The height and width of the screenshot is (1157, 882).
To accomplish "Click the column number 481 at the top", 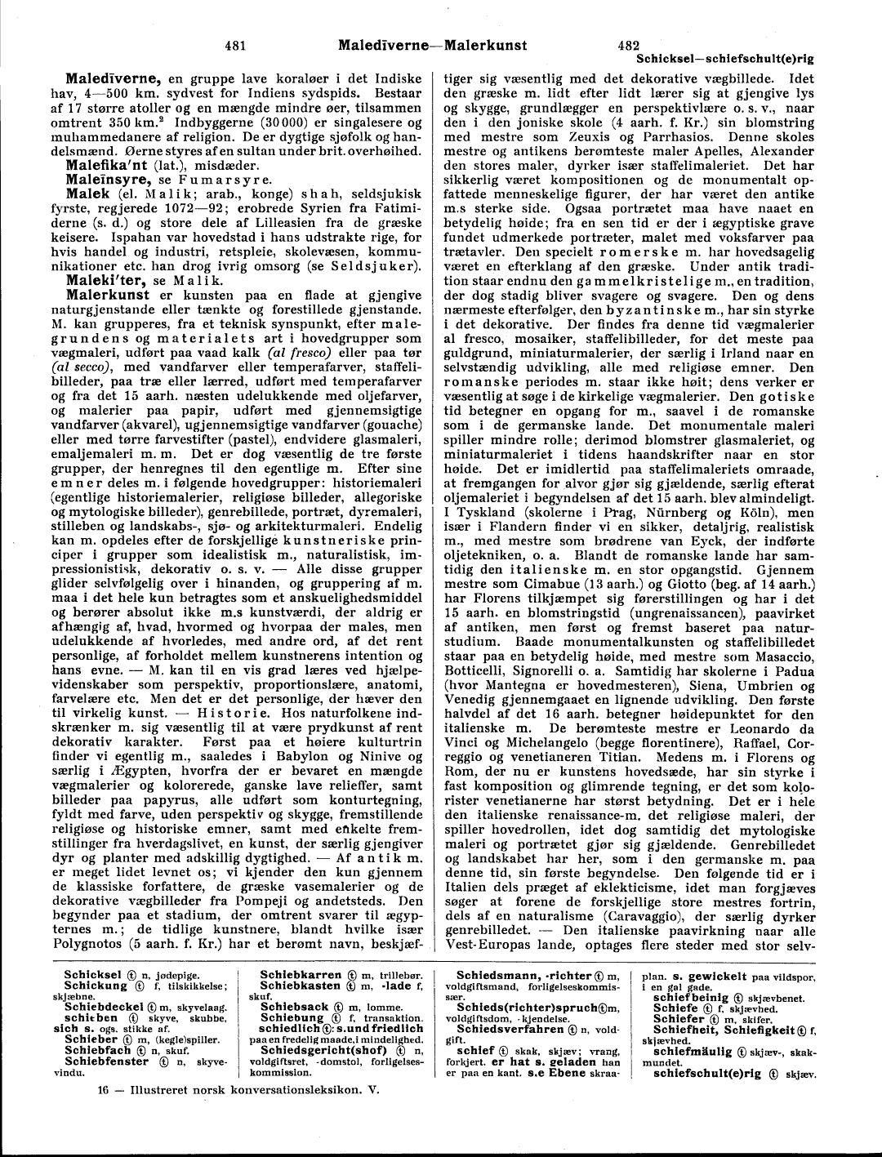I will pyautogui.click(x=234, y=45).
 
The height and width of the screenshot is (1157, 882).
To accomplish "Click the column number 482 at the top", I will pyautogui.click(x=628, y=45).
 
